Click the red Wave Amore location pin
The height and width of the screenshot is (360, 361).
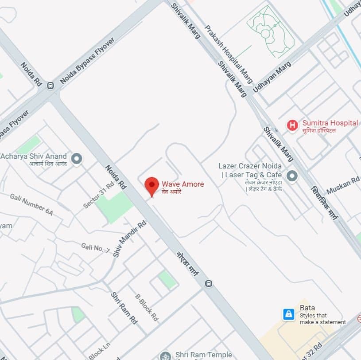[152, 185]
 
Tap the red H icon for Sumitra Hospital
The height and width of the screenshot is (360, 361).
[292, 125]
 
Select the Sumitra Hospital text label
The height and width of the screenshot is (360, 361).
[330, 123]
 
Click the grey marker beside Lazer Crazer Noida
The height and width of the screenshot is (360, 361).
[292, 176]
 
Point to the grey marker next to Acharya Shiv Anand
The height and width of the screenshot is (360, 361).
[77, 158]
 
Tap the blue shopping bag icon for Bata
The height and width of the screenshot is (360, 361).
[289, 314]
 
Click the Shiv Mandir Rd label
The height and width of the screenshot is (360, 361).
[129, 239]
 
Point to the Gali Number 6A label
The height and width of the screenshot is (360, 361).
[31, 204]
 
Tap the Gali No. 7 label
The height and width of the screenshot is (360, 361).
[95, 248]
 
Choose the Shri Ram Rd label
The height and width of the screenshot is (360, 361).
[124, 308]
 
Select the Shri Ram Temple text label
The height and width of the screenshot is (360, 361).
[203, 355]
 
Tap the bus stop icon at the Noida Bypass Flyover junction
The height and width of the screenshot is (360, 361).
[51, 86]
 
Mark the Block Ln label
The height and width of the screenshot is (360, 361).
[99, 350]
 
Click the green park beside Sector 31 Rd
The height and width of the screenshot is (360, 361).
[115, 206]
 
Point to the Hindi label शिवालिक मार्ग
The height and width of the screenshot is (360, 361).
[325, 203]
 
